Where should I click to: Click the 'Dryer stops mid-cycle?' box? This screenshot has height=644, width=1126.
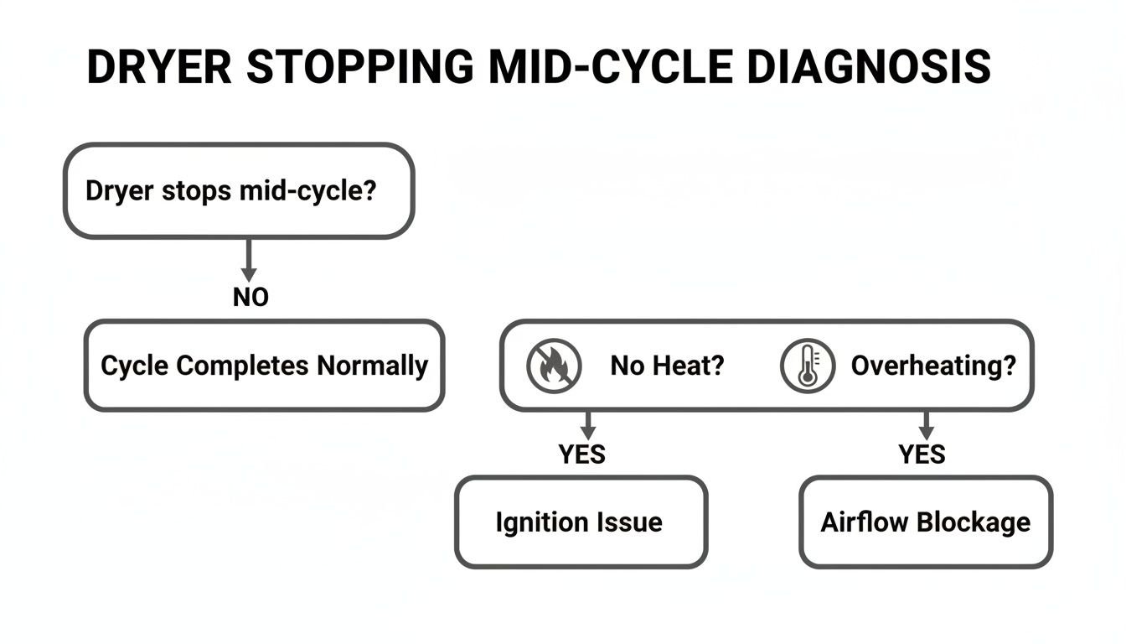[x=239, y=190]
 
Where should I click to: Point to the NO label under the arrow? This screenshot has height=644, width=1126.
[x=250, y=297]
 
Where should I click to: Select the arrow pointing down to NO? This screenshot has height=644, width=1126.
[x=248, y=260]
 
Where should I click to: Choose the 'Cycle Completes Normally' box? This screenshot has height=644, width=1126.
[x=264, y=366]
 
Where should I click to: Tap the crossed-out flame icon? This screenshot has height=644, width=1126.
[x=553, y=366]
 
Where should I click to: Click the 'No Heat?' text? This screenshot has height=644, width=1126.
[x=666, y=366]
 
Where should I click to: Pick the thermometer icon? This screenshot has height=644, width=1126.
[x=808, y=366]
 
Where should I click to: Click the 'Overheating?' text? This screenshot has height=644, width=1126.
[x=933, y=366]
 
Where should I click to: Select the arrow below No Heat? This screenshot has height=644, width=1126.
[x=588, y=424]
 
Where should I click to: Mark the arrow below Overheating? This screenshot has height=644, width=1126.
[x=926, y=424]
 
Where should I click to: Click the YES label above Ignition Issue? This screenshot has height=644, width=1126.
[x=581, y=454]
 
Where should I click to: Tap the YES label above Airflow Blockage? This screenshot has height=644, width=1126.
[x=922, y=454]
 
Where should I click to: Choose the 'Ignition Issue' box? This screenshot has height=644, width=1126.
[x=581, y=522]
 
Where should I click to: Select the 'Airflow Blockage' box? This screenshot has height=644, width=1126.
[x=926, y=522]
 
